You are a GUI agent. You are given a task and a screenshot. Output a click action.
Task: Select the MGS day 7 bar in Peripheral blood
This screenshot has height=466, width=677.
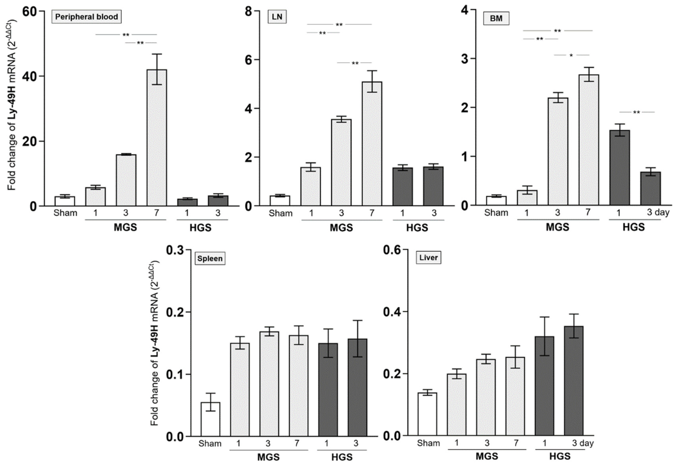[157, 137]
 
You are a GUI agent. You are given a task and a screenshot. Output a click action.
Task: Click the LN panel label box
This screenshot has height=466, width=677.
[277, 17]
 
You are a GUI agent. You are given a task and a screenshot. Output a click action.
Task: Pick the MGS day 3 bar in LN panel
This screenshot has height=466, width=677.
[341, 162]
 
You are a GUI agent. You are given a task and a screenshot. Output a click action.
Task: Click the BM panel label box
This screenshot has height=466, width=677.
[496, 18]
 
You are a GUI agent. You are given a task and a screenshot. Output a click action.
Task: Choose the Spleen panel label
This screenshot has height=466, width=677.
[210, 258]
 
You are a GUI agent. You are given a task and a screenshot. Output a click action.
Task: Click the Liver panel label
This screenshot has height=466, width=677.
[428, 258]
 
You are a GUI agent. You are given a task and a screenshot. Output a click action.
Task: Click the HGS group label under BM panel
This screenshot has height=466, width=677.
[634, 227]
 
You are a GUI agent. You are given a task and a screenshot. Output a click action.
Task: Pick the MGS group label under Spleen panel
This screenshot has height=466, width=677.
[268, 457]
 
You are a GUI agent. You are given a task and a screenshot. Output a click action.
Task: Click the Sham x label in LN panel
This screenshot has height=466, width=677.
[280, 213]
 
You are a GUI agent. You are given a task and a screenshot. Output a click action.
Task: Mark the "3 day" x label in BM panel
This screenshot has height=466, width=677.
[658, 212]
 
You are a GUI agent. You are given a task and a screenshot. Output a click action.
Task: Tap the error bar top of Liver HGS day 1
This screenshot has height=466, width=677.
[544, 317]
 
